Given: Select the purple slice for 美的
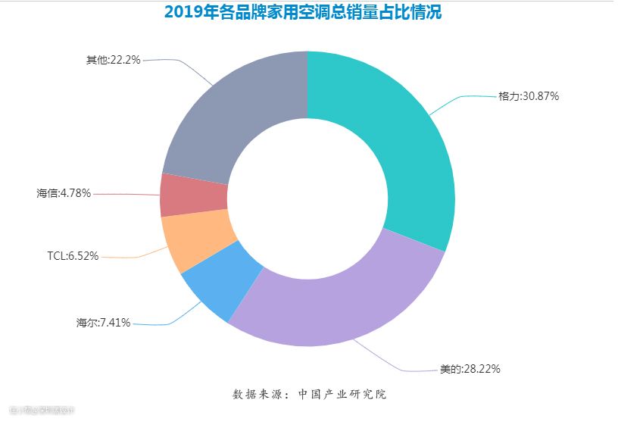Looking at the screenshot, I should pyautogui.click(x=341, y=303).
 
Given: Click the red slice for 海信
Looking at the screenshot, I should pyautogui.click(x=193, y=195).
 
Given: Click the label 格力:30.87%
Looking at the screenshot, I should pyautogui.click(x=529, y=96).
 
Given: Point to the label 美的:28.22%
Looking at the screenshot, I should pyautogui.click(x=470, y=369).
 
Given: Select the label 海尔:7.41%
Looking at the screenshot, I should pyautogui.click(x=103, y=322).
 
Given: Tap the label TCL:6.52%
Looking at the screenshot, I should pyautogui.click(x=73, y=256).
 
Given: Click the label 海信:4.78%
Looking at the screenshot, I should pyautogui.click(x=64, y=193).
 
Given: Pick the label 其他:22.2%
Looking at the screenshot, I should pyautogui.click(x=113, y=59).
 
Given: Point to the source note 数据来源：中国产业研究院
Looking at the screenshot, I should pyautogui.click(x=309, y=394).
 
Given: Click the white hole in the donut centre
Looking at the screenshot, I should pyautogui.click(x=307, y=199).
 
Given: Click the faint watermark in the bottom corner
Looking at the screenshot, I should pyautogui.click(x=42, y=410).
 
